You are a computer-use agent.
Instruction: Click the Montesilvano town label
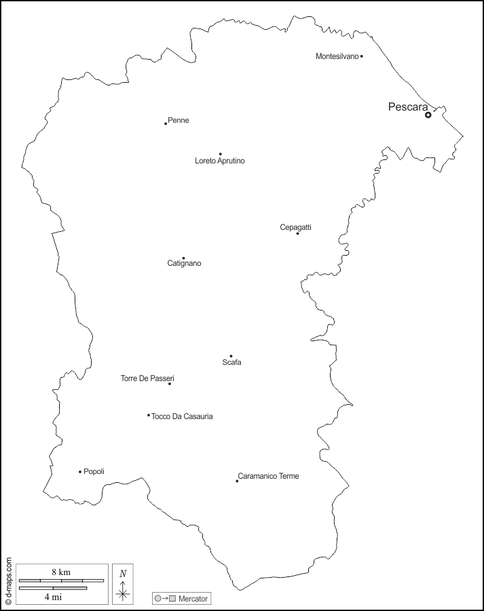tap(337, 56)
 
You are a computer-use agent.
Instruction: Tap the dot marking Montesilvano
tap(362, 56)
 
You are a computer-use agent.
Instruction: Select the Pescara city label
tap(408, 107)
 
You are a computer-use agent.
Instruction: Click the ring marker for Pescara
tap(428, 115)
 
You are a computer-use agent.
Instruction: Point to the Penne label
tap(179, 121)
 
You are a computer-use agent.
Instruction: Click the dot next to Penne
tap(166, 123)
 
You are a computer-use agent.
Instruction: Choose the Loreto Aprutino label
tap(219, 161)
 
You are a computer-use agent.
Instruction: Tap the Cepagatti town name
tap(296, 227)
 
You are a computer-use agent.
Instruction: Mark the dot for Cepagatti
tap(297, 233)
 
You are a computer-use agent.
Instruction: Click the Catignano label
tap(184, 263)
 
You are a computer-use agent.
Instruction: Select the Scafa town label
tap(231, 363)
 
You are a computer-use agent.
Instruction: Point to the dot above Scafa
tap(231, 356)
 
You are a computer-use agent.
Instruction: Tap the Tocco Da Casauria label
tap(182, 416)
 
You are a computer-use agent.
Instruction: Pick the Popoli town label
tap(94, 471)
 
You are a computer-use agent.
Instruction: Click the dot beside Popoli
tap(80, 472)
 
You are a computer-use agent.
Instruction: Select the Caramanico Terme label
tap(268, 476)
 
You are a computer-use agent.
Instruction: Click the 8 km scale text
tap(60, 572)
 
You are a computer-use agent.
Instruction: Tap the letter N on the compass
tap(123, 573)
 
